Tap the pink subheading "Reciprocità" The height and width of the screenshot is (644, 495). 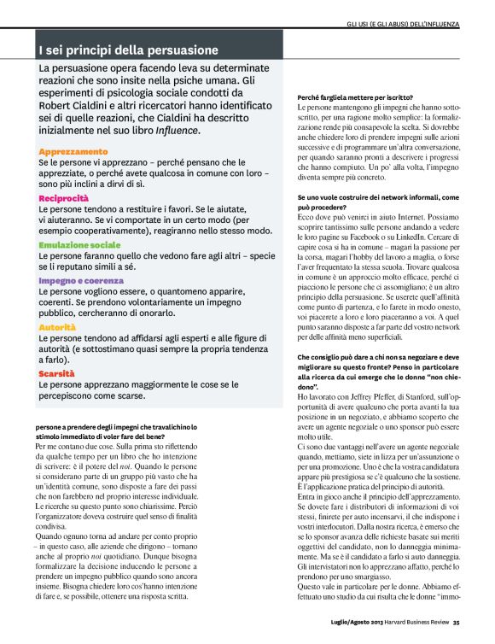tap(64, 198)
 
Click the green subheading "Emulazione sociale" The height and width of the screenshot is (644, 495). tap(79, 245)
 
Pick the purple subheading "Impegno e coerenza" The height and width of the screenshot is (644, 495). tap(80, 279)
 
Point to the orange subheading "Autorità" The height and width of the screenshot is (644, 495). tap(58, 327)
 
